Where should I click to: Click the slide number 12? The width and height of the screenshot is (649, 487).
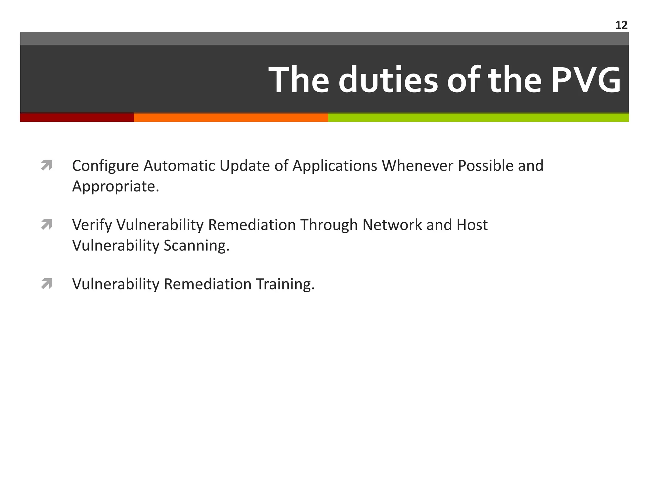(621, 25)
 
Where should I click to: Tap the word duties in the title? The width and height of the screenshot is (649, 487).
(388, 80)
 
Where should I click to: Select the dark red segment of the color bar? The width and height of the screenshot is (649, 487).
(77, 117)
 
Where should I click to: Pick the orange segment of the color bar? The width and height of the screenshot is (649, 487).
(231, 117)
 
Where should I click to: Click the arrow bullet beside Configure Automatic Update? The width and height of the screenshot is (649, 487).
(47, 166)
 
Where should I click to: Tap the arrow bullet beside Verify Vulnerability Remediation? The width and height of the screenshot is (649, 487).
(47, 225)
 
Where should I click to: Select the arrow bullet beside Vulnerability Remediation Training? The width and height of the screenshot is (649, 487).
(47, 284)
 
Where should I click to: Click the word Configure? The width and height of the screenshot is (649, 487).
(106, 166)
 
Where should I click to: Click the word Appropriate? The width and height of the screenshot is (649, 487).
(115, 186)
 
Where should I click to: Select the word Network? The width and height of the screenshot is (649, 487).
(392, 225)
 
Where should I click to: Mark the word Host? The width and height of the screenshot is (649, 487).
(472, 225)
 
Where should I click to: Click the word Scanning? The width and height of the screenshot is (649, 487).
(196, 246)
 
